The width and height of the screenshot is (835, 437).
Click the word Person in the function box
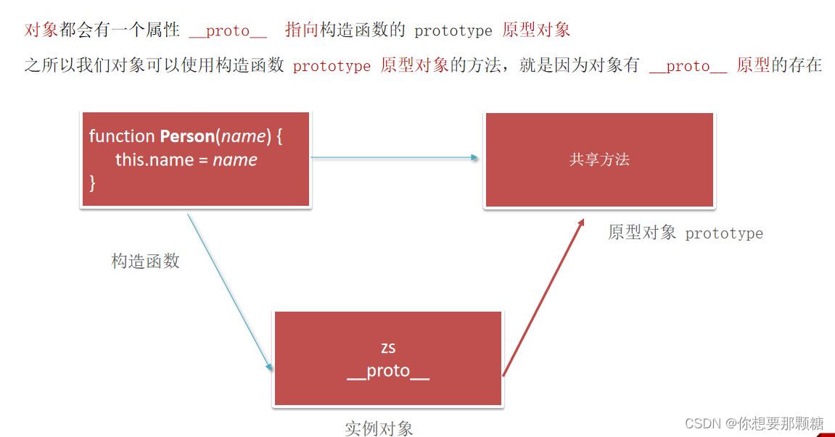187,136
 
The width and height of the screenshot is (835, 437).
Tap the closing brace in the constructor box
93,182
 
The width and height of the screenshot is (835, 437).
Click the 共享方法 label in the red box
599,159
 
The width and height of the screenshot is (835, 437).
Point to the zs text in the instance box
388,348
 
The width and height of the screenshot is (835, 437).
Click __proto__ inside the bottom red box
388,371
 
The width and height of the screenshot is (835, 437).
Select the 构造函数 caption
145,262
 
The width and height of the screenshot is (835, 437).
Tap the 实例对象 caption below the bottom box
379,428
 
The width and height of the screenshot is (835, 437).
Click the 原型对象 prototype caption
686,233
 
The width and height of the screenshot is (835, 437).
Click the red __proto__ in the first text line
228,30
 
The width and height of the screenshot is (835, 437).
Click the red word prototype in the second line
332,66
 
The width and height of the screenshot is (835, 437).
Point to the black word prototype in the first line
453,30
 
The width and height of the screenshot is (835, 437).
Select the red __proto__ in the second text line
688,66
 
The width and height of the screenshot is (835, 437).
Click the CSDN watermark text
754,423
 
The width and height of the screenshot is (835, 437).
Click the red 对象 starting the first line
41,30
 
